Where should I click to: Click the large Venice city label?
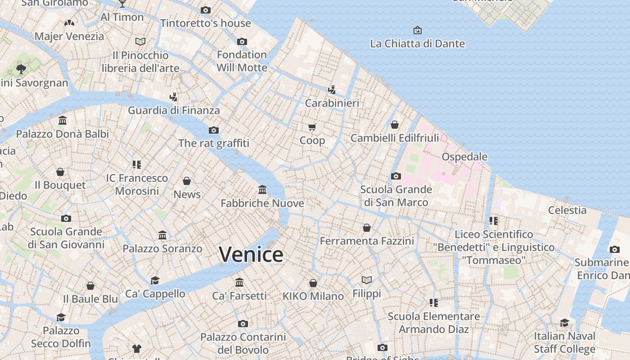click(251, 255)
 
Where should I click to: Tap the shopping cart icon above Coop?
click(312, 127)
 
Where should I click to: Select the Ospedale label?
click(464, 157)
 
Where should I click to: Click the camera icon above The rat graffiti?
click(214, 130)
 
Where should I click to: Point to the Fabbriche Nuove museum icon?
click(262, 190)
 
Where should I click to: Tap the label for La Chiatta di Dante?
click(417, 44)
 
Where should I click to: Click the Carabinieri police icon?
click(332, 90)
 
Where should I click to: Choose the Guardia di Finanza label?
click(174, 110)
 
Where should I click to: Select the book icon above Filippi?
click(367, 280)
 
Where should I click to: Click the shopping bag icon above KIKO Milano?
click(313, 283)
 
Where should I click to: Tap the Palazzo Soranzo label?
click(162, 248)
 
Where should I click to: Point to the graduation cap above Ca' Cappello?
click(155, 280)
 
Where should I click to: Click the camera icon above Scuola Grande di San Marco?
click(396, 176)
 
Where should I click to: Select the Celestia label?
click(567, 210)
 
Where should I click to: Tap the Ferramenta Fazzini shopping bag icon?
click(367, 228)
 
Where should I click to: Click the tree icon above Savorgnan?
click(21, 69)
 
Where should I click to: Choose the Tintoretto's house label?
click(206, 23)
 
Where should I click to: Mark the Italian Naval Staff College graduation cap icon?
click(564, 323)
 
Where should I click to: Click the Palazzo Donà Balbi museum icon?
click(63, 121)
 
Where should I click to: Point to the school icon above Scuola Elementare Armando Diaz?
click(434, 303)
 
